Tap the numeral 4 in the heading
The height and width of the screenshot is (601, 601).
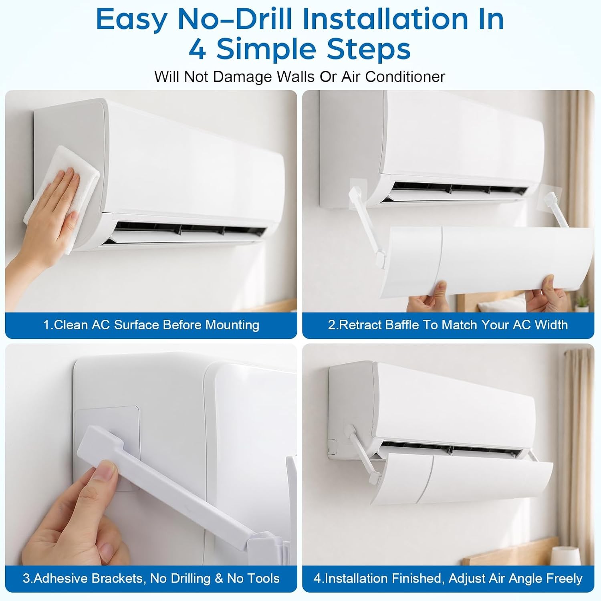[x=197, y=50]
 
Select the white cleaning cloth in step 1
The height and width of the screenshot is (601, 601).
[x=60, y=196]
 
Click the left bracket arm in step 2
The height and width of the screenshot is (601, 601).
[x=369, y=224]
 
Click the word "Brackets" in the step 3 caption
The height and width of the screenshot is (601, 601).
[x=118, y=579]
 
